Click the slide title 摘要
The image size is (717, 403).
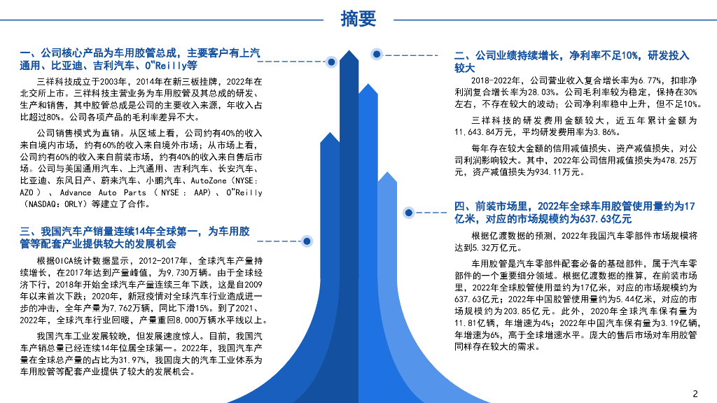[x=358, y=18]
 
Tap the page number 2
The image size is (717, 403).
[x=695, y=393]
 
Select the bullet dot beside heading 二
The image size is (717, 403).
[x=377, y=54]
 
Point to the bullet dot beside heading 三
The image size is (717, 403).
[x=305, y=241]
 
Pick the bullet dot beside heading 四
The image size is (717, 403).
[x=407, y=211]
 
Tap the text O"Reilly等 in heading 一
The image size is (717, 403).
[x=171, y=66]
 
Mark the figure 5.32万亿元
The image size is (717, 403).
[x=491, y=248]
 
